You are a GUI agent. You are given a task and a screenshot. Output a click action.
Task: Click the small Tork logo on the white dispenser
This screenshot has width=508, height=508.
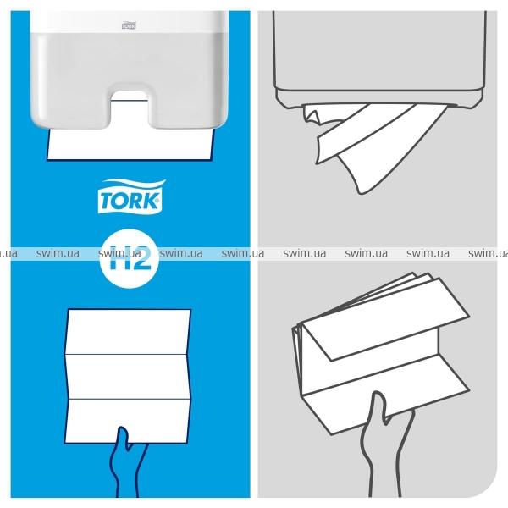pyautogui.click(x=129, y=25)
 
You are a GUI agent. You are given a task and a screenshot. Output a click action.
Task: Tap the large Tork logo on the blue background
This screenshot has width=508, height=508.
pyautogui.click(x=131, y=196)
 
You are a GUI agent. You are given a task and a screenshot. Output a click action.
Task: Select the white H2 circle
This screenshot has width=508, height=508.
pyautogui.click(x=129, y=258)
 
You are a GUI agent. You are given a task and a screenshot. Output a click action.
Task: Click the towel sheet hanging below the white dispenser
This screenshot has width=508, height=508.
pyautogui.click(x=130, y=144)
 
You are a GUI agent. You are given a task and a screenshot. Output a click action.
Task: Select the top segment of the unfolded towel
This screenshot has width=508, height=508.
pyautogui.click(x=128, y=331)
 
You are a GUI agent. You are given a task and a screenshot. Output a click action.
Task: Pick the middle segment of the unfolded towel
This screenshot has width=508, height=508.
pyautogui.click(x=128, y=376)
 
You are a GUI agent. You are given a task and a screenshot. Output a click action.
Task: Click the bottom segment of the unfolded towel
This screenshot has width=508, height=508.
pyautogui.click(x=128, y=421)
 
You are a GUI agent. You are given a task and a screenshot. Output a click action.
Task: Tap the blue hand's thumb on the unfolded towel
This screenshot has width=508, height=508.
pyautogui.click(x=123, y=438)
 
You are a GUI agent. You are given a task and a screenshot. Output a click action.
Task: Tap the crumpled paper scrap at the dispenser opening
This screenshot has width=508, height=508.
pyautogui.click(x=312, y=116)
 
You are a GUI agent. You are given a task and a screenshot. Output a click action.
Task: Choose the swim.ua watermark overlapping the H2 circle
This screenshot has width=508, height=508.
pyautogui.click(x=119, y=253)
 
